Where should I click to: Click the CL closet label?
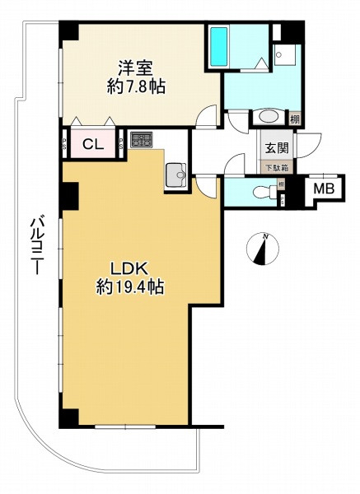(x=92, y=145)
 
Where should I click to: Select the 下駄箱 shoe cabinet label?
(x=274, y=167)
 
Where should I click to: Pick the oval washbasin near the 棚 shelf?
(x=270, y=117)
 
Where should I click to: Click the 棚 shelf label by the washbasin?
(x=294, y=119)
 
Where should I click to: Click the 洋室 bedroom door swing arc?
(x=208, y=116)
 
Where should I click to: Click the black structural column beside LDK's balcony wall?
(x=68, y=195)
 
